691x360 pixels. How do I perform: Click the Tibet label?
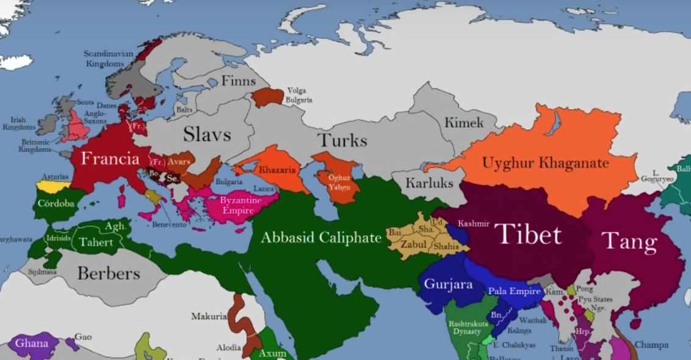[x=528, y=234]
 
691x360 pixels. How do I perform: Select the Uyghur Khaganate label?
[x=545, y=164]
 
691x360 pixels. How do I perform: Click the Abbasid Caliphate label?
[x=320, y=237]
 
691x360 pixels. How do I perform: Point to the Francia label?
[x=110, y=159]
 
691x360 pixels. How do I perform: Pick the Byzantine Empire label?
[x=241, y=204]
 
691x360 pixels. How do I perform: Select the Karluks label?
[x=430, y=182]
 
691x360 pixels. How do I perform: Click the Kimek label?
[x=463, y=123]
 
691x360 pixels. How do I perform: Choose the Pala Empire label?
[x=514, y=292]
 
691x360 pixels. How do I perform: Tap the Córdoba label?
[x=56, y=204]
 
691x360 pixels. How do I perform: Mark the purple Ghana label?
[x=32, y=343]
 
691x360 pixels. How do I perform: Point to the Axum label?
[x=272, y=353]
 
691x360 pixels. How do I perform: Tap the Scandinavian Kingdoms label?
[x=109, y=58]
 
